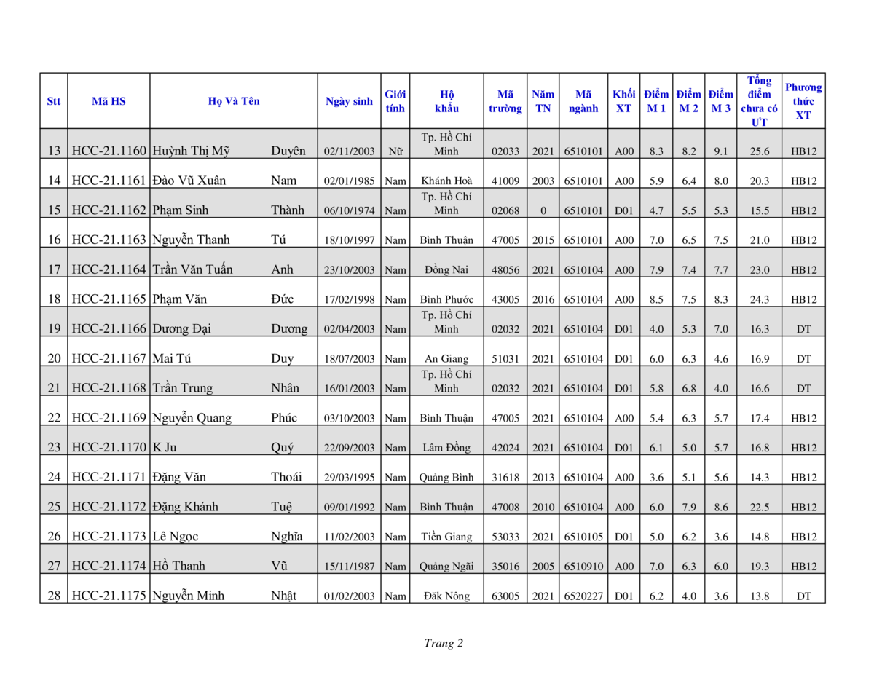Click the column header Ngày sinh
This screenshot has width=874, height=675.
pyautogui.click(x=349, y=101)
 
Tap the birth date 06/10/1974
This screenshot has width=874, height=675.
pyautogui.click(x=349, y=211)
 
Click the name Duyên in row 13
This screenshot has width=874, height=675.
pyautogui.click(x=288, y=151)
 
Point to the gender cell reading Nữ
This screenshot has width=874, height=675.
pyautogui.click(x=395, y=151)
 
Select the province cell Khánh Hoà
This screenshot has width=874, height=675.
pyautogui.click(x=446, y=181)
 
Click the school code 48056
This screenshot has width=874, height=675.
pyautogui.click(x=505, y=270)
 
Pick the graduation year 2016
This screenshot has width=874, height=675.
pyautogui.click(x=543, y=299)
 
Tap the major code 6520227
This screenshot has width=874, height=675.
pyautogui.click(x=583, y=596)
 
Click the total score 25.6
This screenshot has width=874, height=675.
pyautogui.click(x=760, y=151)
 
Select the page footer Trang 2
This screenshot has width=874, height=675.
pyautogui.click(x=444, y=643)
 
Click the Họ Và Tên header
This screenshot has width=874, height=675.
pyautogui.click(x=233, y=101)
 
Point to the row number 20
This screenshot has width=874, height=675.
pyautogui.click(x=54, y=358)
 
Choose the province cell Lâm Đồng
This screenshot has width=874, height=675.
pyautogui.click(x=446, y=448)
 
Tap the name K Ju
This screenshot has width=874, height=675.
pyautogui.click(x=165, y=448)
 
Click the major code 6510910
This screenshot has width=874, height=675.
pyautogui.click(x=583, y=567)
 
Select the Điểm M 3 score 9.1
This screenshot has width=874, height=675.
pyautogui.click(x=720, y=151)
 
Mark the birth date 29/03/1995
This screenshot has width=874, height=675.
pyautogui.click(x=349, y=478)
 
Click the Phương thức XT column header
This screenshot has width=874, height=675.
pyautogui.click(x=803, y=101)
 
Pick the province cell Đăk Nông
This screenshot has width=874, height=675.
pyautogui.click(x=446, y=596)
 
